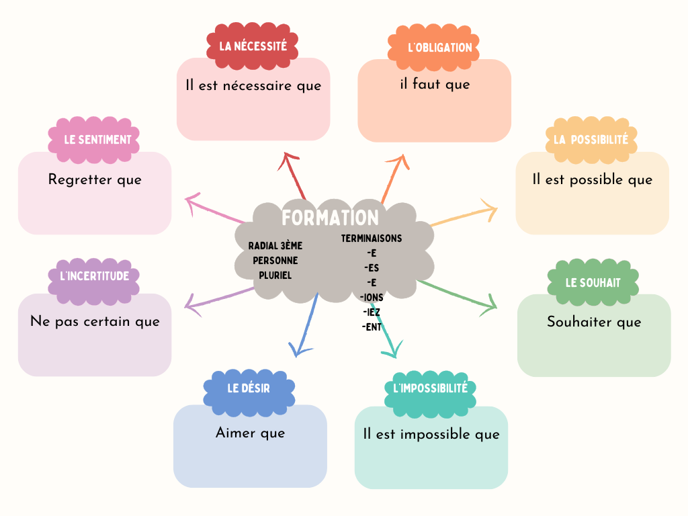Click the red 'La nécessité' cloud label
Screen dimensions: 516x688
(253, 46)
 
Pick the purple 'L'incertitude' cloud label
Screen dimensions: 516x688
(94, 276)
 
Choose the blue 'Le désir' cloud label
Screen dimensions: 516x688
(249, 388)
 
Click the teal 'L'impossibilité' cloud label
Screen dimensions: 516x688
(430, 388)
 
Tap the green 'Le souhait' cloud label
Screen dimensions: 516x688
(593, 283)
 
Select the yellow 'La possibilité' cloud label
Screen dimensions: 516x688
(591, 140)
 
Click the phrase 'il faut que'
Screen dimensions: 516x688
(435, 85)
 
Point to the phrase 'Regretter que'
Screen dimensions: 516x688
(95, 180)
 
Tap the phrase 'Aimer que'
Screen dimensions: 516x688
(250, 433)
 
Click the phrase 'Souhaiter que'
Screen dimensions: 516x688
(594, 322)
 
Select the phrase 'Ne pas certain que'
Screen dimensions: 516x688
(95, 321)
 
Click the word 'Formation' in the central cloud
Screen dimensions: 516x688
(330, 218)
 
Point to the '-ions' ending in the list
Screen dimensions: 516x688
(372, 297)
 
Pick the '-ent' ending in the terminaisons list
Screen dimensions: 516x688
(372, 327)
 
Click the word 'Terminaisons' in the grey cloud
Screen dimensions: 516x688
(372, 239)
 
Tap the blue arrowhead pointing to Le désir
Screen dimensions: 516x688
(299, 349)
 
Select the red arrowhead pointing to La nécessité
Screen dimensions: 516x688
(288, 161)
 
